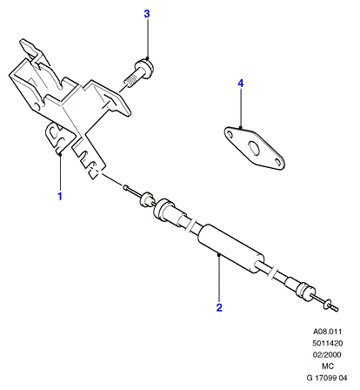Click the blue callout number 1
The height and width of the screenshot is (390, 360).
[x=60, y=197]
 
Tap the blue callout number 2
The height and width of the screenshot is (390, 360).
[x=219, y=307]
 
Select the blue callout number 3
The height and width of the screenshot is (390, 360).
[x=147, y=14]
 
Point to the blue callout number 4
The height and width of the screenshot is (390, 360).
[x=241, y=84]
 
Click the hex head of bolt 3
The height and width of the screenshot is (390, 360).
[x=144, y=69]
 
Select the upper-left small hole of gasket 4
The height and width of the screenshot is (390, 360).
[x=230, y=134]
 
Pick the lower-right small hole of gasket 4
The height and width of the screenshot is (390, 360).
[x=278, y=162]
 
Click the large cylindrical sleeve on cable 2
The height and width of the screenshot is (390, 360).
[x=230, y=249]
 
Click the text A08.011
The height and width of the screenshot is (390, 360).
[x=327, y=332]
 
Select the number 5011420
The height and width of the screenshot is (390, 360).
[x=327, y=343]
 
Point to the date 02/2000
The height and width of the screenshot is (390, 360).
[x=327, y=354]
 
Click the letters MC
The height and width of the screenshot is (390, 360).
[x=328, y=366]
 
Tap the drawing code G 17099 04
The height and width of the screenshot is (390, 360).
[x=327, y=378]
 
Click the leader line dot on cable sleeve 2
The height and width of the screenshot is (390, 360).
[x=219, y=255]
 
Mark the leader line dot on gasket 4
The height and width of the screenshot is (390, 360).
[x=241, y=127]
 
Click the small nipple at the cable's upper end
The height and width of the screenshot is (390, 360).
[x=126, y=187]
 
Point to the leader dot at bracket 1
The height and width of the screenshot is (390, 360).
[x=60, y=155]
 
